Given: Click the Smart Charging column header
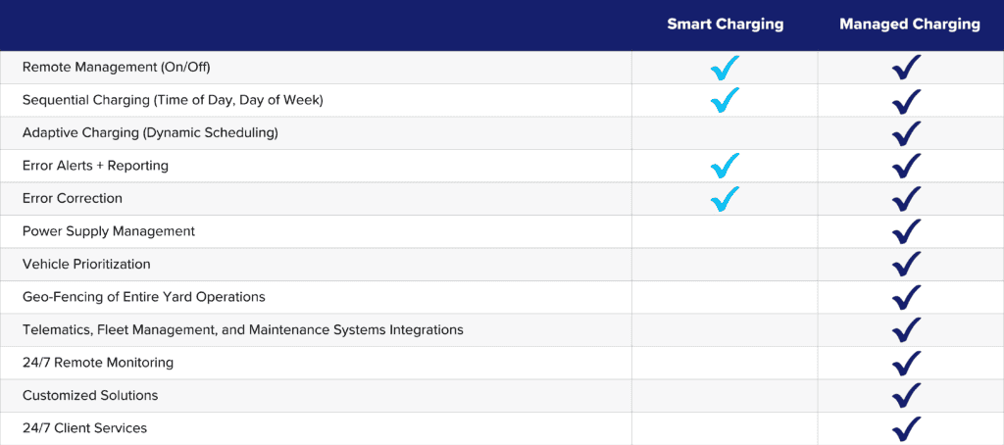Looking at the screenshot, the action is click(725, 25).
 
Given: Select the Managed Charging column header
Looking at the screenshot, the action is click(909, 25).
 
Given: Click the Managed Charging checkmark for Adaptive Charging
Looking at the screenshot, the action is click(907, 133).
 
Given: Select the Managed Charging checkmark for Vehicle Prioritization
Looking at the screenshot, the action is click(907, 265).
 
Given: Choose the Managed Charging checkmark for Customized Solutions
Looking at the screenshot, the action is click(907, 396).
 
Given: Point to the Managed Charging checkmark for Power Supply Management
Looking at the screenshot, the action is click(907, 231).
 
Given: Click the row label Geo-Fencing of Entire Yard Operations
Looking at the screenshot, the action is click(144, 297).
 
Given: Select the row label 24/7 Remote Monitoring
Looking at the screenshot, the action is click(98, 363).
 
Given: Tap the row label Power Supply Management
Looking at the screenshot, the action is click(109, 231).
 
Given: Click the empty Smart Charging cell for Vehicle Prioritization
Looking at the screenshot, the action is click(725, 265).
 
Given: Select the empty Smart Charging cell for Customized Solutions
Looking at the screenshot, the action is click(725, 396).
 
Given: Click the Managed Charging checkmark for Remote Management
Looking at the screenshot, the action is click(907, 68).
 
